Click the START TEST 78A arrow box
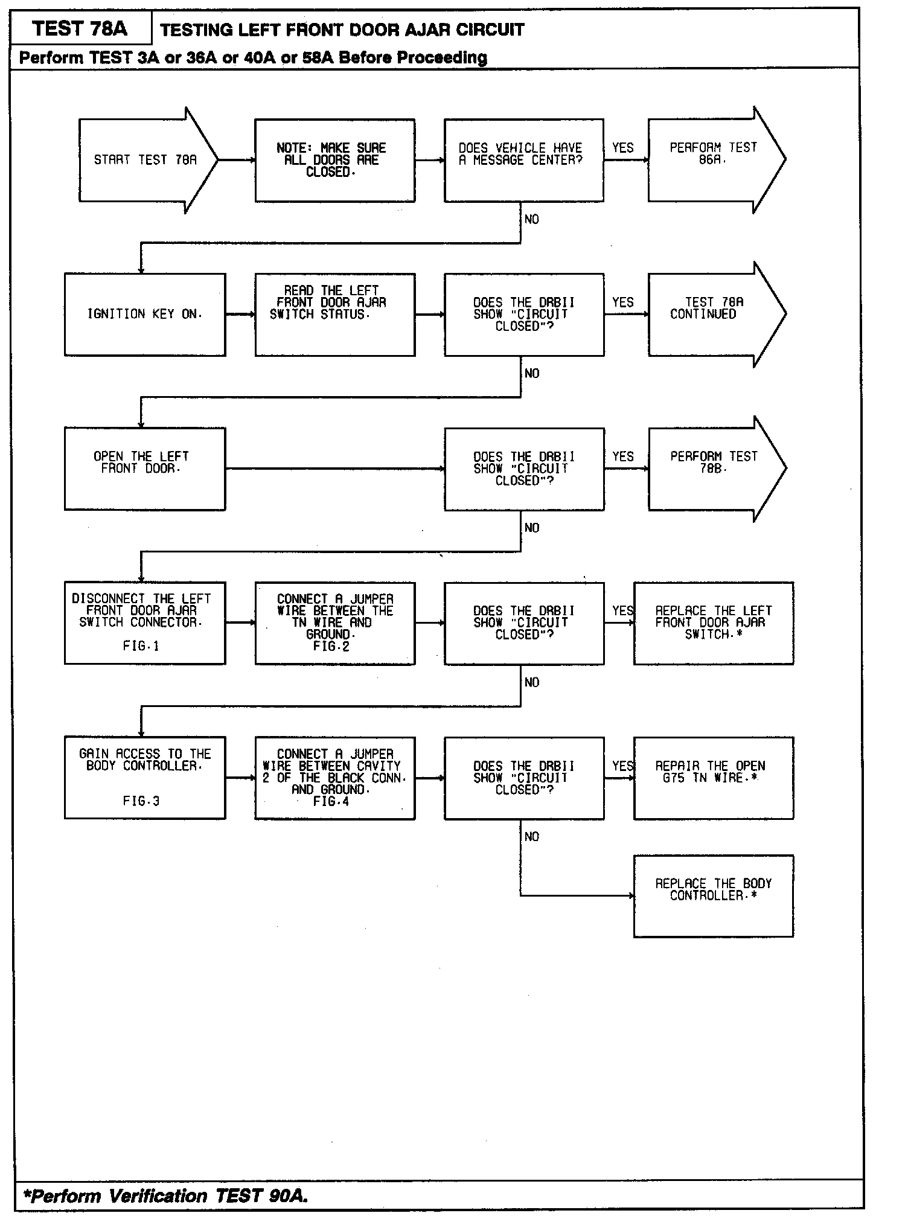click(145, 160)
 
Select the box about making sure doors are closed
click(334, 160)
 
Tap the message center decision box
click(523, 160)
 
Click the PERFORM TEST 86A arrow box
click(713, 160)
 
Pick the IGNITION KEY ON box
click(145, 315)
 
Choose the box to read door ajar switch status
click(334, 315)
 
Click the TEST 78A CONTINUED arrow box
click(713, 315)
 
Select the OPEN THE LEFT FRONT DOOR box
click(145, 469)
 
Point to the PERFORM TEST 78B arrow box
click(713, 469)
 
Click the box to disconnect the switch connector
click(145, 623)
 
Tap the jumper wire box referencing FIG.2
click(334, 623)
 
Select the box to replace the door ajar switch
click(713, 623)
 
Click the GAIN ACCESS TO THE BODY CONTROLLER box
click(145, 778)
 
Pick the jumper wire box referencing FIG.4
click(334, 778)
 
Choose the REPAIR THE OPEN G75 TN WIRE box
click(713, 778)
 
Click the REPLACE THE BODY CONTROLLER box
click(713, 896)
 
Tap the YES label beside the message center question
click(622, 148)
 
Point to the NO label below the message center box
click(531, 220)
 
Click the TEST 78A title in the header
click(80, 28)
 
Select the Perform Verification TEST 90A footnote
click(165, 1195)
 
